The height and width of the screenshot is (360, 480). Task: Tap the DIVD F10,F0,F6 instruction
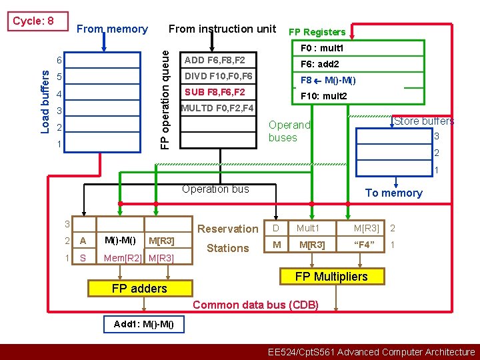coord(219,76)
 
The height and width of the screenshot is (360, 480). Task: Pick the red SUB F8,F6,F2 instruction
coord(215,92)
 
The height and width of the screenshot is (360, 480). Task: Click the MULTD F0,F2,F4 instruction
coord(217,108)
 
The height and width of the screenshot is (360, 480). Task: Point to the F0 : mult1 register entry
coord(322,49)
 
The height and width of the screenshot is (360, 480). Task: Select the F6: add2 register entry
coord(320,64)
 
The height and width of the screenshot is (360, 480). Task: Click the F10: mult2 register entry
coord(324,96)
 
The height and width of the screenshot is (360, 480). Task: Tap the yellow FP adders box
coord(139,288)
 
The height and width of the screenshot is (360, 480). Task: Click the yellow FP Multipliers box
coord(331,276)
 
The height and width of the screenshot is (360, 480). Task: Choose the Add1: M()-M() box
coord(144,325)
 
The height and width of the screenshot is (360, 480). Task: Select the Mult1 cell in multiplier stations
coord(309,229)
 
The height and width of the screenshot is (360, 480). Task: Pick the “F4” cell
coord(365,245)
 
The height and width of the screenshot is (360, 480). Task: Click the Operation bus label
coord(215,189)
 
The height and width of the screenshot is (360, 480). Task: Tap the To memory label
coord(393,193)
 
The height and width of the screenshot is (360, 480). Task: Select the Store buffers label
coord(424,121)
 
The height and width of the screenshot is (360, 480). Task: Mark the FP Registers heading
coord(317,32)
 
